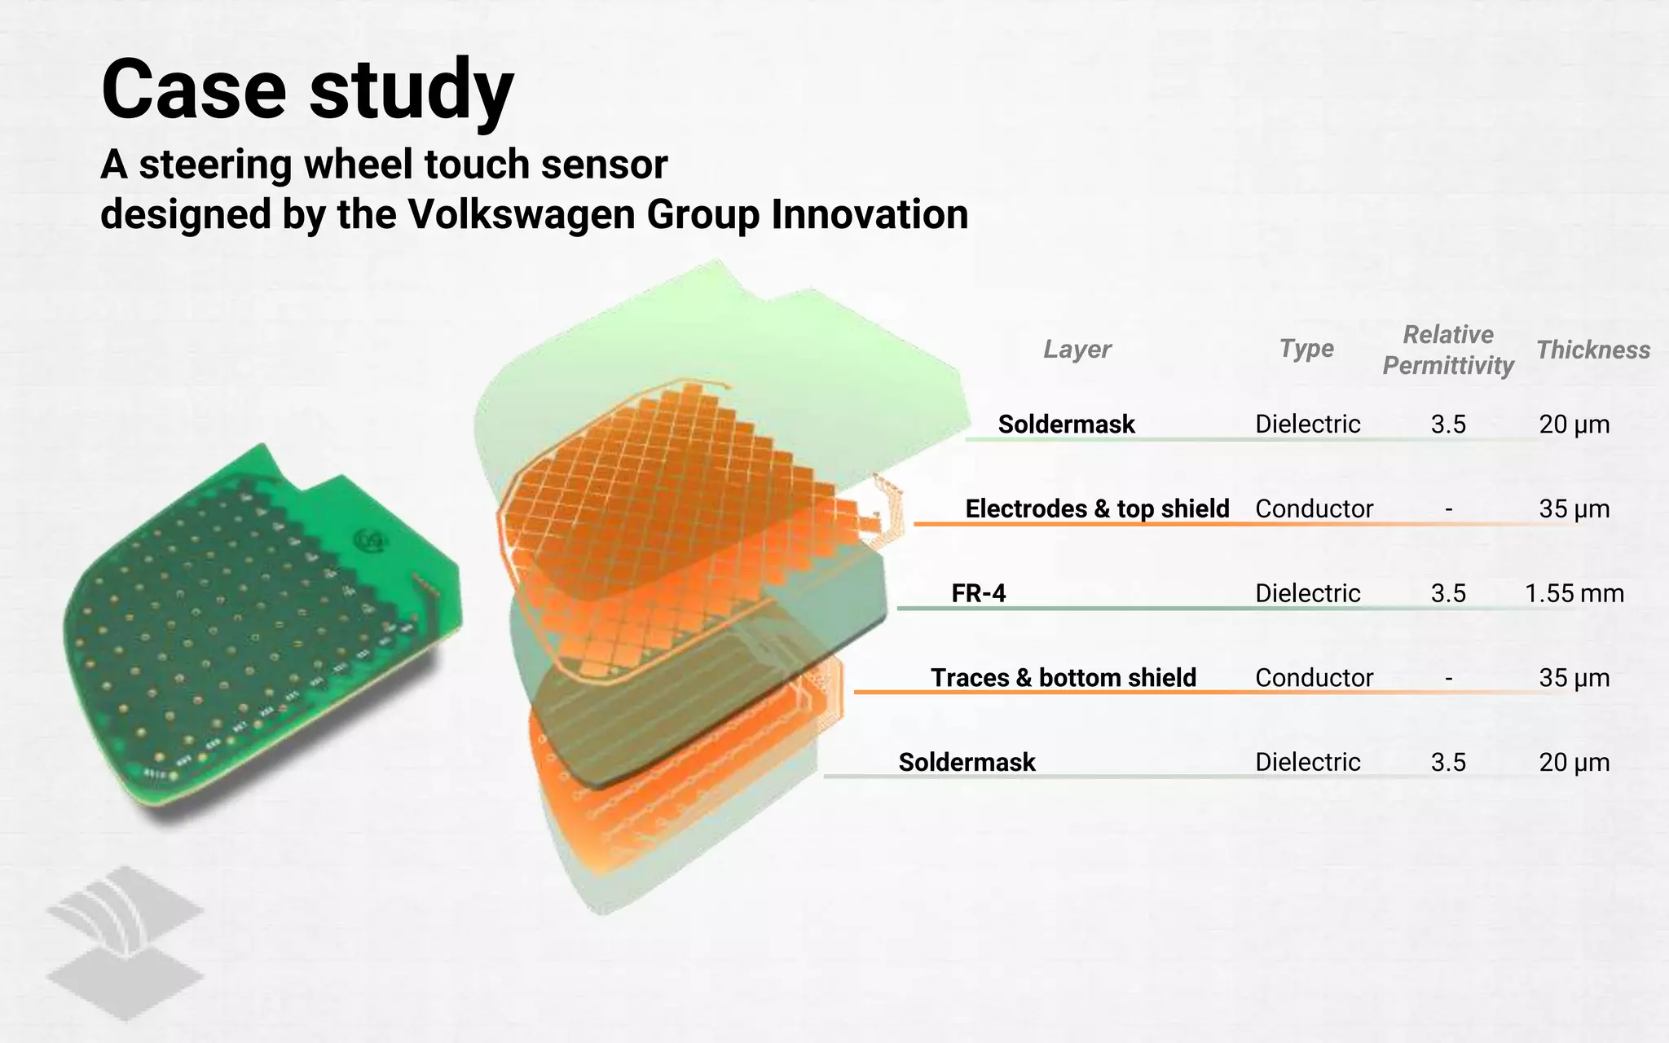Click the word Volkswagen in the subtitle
coord(522,214)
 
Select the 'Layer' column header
coord(1077,350)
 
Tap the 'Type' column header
coord(1306,349)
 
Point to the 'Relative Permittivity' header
coord(1448,350)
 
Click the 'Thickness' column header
coord(1593,350)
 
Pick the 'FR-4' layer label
coord(978,593)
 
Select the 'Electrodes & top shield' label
coord(1097,508)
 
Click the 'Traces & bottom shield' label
coord(1063,678)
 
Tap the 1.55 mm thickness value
coord(1574,593)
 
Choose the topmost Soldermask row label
coord(1066,424)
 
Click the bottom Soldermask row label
coord(967,762)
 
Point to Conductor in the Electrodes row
coord(1314,508)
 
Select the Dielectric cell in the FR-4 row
coord(1307,593)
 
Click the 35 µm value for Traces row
coord(1574,678)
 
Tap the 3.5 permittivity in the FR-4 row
coord(1448,593)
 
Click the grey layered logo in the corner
coord(124,943)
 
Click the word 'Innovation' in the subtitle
coord(870,214)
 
